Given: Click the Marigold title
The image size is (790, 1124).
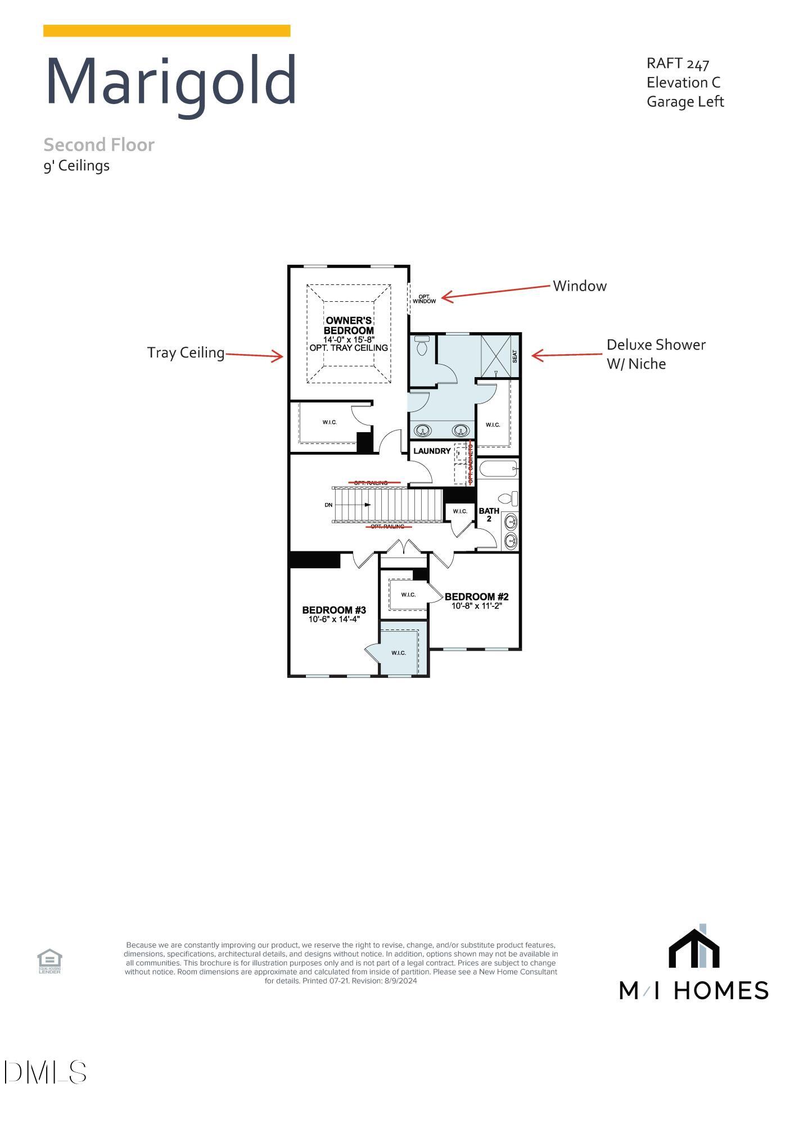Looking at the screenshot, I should pos(170,82).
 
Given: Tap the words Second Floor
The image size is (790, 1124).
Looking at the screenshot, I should pos(99,145).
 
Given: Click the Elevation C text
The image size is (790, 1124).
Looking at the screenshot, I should pos(683,83).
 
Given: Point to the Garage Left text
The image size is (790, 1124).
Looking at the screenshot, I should pos(685,102).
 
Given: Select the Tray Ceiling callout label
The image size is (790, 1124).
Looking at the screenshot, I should pos(186,352).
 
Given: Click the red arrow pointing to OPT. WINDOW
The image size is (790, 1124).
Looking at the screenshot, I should pos(495,292).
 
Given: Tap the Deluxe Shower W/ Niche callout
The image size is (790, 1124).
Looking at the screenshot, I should pos(655,354).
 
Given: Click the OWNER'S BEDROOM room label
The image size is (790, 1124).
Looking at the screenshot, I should pos(349,325).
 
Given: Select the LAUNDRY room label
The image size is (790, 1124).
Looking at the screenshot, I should pos(432,451).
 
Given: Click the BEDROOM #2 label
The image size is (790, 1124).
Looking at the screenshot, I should pos(476,597).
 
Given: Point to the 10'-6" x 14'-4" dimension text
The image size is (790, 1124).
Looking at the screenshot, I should pos(334,619).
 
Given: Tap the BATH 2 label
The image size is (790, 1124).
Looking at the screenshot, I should pos(489,514).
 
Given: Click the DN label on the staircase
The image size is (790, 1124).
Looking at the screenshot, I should pos(328,505).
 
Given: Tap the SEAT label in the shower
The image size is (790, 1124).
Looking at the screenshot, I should pos(514,356).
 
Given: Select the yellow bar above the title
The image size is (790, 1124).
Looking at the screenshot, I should pos(166,31).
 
